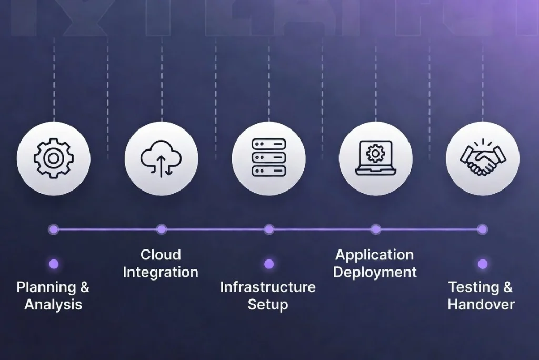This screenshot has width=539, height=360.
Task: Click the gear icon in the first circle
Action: [53, 158]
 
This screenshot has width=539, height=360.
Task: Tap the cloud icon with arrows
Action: [161, 158]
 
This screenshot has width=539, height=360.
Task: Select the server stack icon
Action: [268, 158]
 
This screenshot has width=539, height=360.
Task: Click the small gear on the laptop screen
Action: [375, 153]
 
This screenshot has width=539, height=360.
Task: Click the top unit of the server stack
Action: [268, 144]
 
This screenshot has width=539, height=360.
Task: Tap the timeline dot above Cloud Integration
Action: [162, 229]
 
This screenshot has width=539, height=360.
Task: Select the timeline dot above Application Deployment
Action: [375, 229]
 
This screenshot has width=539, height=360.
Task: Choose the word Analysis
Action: [53, 304]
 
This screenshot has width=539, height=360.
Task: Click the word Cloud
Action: [161, 255]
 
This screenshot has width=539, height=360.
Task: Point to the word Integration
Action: [161, 272]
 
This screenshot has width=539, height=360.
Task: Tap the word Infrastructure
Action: [268, 287]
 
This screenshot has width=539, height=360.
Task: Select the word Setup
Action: [268, 305]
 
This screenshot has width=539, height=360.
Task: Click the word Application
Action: [375, 255]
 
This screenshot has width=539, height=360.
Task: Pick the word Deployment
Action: [375, 272]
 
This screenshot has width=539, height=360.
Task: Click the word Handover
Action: [481, 304]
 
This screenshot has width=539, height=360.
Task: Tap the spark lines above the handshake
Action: [482, 144]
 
